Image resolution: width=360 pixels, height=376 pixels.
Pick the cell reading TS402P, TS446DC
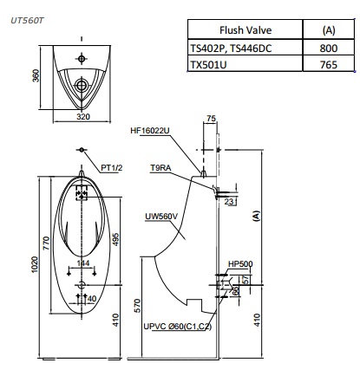tap(231, 48)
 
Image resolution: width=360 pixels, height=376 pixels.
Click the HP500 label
tap(239, 263)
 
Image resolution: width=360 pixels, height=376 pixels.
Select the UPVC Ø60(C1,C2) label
tap(177, 327)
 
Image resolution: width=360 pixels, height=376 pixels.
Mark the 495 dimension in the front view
tap(115, 237)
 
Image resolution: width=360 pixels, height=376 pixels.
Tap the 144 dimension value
tap(82, 263)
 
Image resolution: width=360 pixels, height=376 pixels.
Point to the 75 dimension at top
tap(211, 116)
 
